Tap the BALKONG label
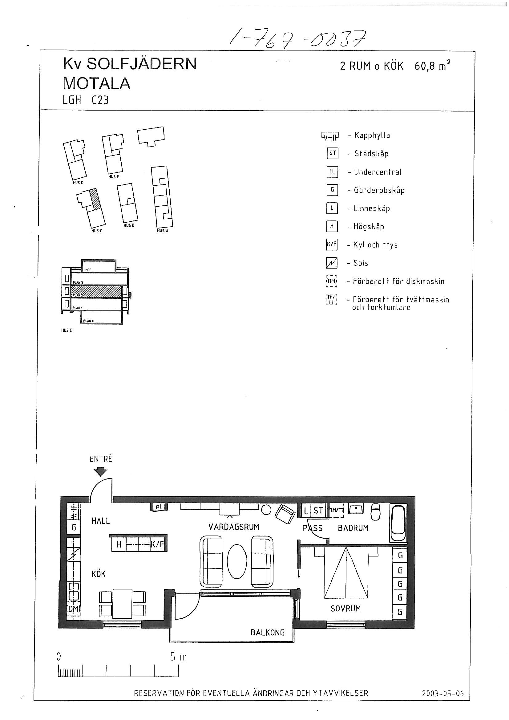point(267,633)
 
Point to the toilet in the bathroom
point(375,512)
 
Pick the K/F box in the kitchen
point(157,545)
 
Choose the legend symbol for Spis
point(332,263)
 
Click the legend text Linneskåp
point(372,208)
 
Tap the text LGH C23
point(86,100)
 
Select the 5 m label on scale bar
point(178,657)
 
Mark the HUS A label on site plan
point(163,231)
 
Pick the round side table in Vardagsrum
point(266,510)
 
